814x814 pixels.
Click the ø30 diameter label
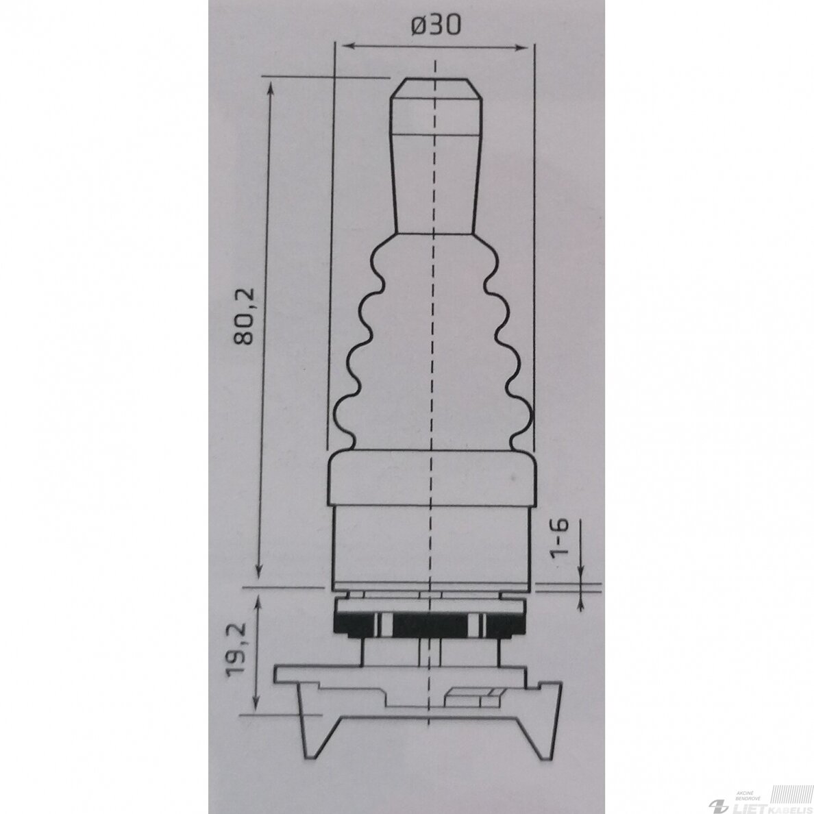[436, 25]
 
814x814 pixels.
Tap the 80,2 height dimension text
[243, 316]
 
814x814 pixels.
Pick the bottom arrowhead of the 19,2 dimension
[256, 704]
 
